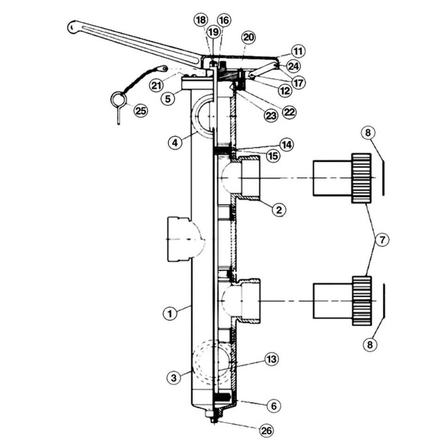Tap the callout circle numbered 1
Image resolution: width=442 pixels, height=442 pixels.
click(x=170, y=314)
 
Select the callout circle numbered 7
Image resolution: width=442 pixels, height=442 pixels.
click(x=382, y=240)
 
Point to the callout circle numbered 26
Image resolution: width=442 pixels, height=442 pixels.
click(x=266, y=431)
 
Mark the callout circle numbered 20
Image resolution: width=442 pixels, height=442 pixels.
click(x=248, y=37)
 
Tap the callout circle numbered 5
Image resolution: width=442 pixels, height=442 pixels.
click(x=168, y=98)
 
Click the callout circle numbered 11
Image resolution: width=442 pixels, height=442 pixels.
click(x=298, y=51)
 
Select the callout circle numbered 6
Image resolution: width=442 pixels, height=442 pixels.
click(x=274, y=406)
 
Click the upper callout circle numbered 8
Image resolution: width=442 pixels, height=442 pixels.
click(x=368, y=133)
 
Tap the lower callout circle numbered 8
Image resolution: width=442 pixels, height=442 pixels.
click(x=370, y=344)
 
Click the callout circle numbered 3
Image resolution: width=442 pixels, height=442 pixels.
click(x=174, y=377)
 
